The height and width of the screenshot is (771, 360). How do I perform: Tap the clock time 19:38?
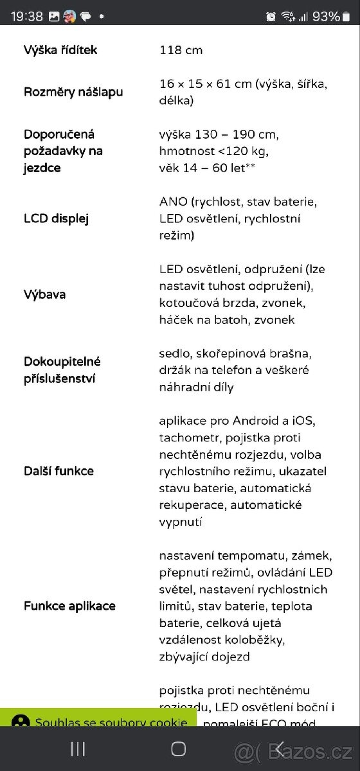pos(27,17)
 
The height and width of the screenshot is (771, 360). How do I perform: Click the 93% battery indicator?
pos(326,17)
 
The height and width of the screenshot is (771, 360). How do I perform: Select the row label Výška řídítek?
pos(61,50)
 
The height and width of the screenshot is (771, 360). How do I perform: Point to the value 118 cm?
pos(181,50)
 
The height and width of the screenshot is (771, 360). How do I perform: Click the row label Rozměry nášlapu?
pos(73,92)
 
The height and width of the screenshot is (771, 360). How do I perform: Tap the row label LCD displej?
pos(56,218)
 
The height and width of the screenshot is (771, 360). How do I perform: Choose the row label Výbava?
pos(45,295)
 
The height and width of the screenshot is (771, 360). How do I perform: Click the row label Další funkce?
pos(59,471)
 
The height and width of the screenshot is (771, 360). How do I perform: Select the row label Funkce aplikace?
pos(69,606)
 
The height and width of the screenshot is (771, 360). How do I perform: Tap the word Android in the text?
pos(255,421)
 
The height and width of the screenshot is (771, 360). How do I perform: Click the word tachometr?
pos(185,438)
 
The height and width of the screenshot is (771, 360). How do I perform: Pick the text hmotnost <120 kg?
pos(213,151)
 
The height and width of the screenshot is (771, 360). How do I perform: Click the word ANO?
pos(174,202)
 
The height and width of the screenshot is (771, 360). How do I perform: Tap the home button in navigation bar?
pos(179,749)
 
